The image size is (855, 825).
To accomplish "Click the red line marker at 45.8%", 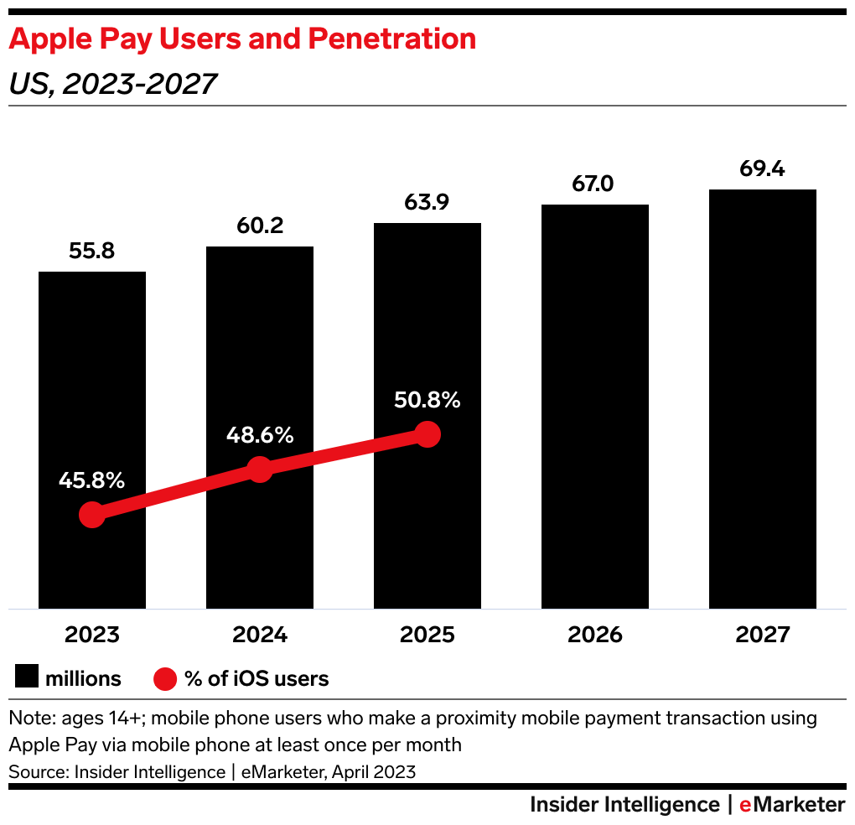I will pos(92,515).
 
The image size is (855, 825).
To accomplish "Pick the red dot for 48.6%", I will pos(260,470).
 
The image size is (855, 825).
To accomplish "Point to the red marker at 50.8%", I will pos(427,434).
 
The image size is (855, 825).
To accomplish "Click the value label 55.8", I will pos(92,251).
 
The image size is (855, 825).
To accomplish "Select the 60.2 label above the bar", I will pos(260,226).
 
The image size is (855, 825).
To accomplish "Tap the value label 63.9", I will pos(427,202).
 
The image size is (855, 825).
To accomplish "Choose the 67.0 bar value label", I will pos(595,184).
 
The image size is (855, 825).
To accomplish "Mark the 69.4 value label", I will pos(763,169).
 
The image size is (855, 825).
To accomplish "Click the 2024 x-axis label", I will pos(260,635).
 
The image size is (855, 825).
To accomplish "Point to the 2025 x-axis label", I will pos(427,635).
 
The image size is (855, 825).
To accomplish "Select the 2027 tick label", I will pos(763,635).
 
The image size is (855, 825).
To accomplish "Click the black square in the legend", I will pos(27,678).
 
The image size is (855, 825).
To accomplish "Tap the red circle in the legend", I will pos(166,678).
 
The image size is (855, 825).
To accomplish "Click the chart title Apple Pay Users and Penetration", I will pos(242,39).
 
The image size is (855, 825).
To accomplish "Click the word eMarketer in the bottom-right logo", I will pos(792,805).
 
